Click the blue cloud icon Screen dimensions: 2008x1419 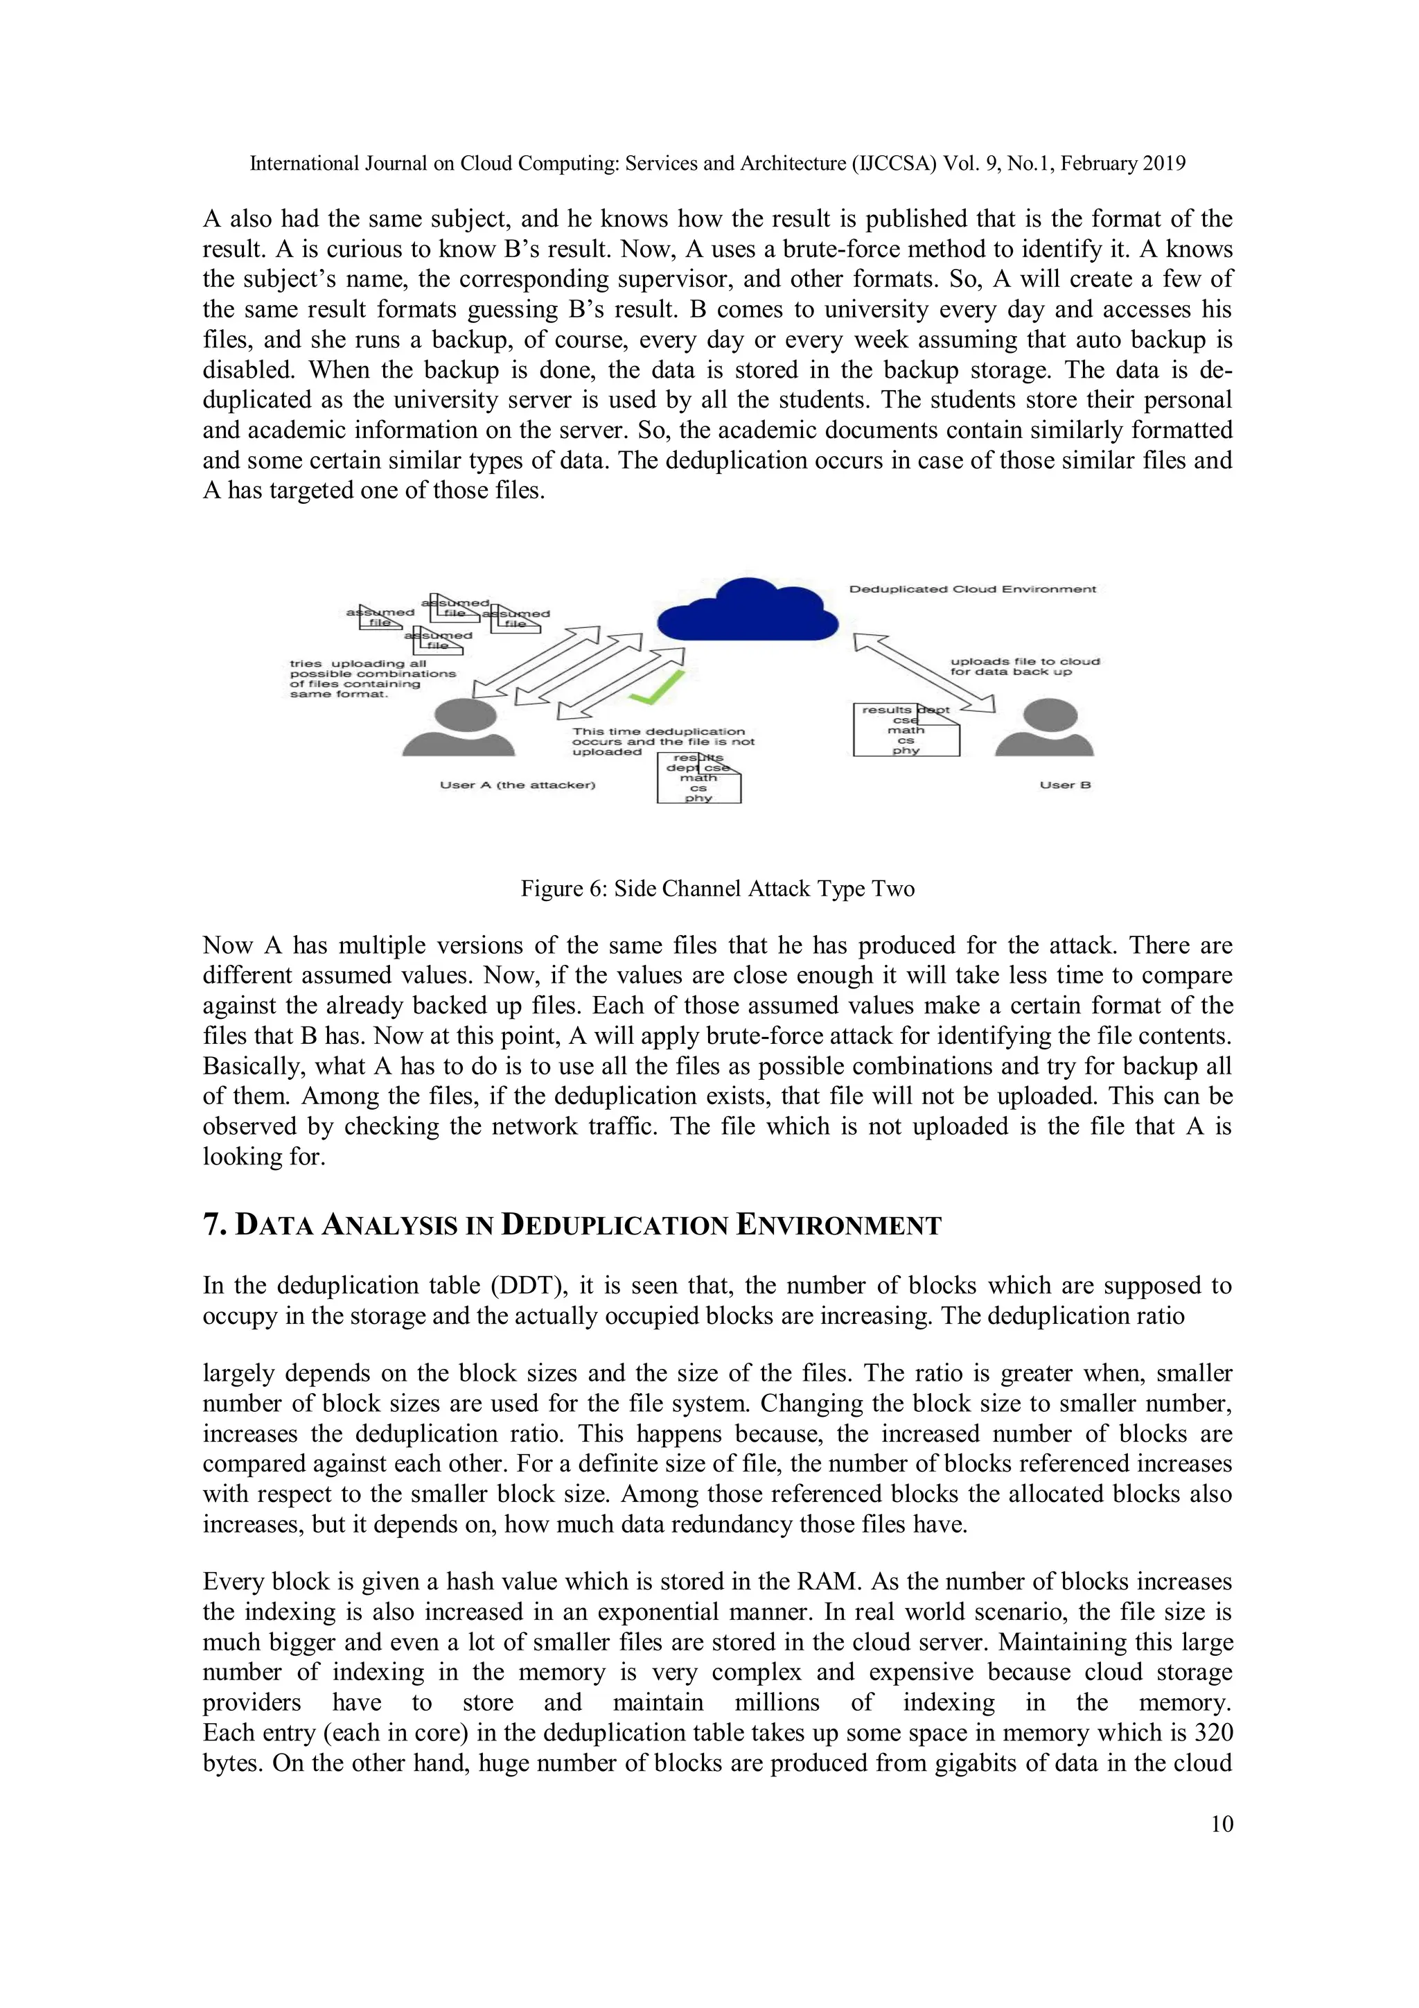pos(747,609)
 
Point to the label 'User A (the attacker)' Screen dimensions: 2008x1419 pos(517,785)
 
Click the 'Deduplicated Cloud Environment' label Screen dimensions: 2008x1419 pos(972,589)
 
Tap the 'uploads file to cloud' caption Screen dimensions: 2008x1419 pos(1025,666)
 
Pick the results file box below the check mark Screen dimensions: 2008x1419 pos(698,778)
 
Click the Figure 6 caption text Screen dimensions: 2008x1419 pos(717,889)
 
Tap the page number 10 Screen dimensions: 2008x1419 pos(1222,1824)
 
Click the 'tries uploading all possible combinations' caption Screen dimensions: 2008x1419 pos(373,679)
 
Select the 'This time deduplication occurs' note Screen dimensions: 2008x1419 pos(662,742)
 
